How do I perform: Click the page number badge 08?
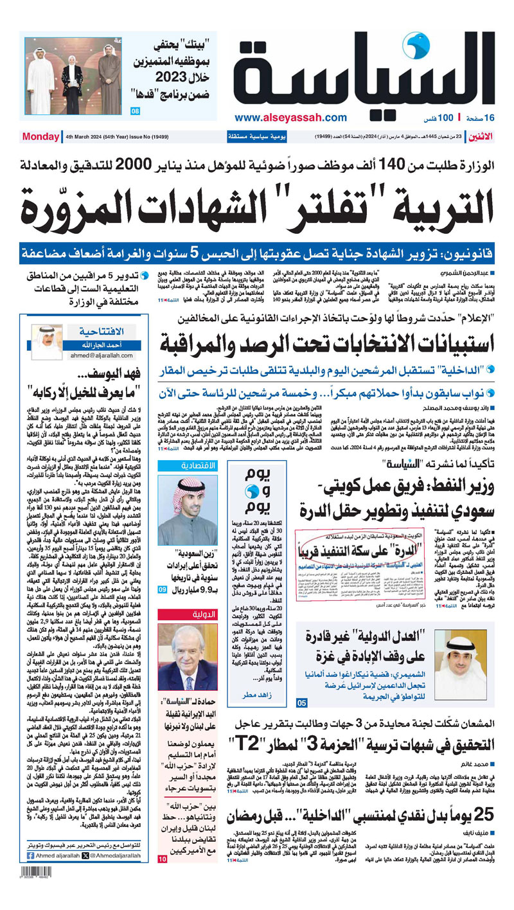(135, 112)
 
